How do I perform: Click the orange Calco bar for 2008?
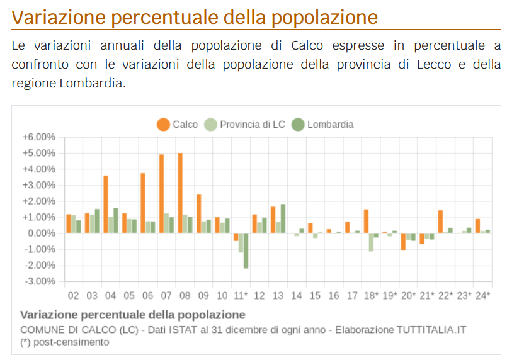(180, 193)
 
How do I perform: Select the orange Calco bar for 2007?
(161, 194)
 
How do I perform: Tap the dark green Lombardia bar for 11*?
(246, 250)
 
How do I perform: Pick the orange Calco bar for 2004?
(106, 205)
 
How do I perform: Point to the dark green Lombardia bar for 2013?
(283, 218)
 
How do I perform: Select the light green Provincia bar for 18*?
(371, 242)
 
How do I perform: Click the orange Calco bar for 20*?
(403, 242)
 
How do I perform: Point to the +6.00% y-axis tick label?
(39, 137)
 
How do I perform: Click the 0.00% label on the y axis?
(42, 233)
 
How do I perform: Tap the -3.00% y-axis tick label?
(40, 281)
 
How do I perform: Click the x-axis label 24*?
(482, 296)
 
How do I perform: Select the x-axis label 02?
(74, 296)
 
